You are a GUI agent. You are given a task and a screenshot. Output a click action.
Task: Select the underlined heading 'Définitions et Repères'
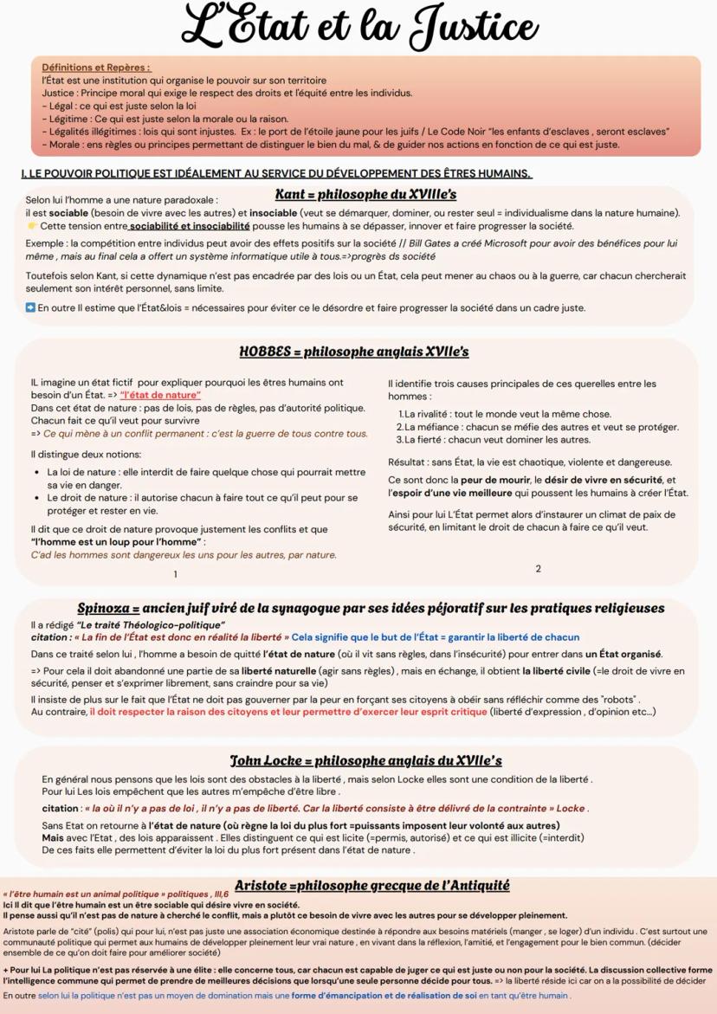click(x=96, y=67)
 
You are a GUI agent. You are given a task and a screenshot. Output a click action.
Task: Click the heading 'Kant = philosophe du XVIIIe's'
click(x=365, y=194)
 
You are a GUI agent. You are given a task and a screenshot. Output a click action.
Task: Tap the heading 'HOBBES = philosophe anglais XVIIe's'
click(x=353, y=352)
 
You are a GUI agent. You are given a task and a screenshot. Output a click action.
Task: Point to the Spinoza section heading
click(x=371, y=608)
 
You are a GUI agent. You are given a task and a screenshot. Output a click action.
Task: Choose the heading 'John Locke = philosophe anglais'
click(x=365, y=760)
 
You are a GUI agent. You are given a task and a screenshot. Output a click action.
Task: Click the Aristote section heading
click(x=371, y=885)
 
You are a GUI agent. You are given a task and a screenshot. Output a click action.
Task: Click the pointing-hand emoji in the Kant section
click(x=32, y=226)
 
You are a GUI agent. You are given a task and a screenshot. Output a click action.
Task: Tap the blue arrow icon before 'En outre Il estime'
click(x=30, y=307)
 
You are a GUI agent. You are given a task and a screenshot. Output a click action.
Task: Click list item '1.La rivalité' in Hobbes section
click(x=507, y=414)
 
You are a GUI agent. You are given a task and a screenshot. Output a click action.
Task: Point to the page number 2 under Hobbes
click(x=538, y=569)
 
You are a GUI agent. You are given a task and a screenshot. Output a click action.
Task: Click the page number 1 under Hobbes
click(x=176, y=574)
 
